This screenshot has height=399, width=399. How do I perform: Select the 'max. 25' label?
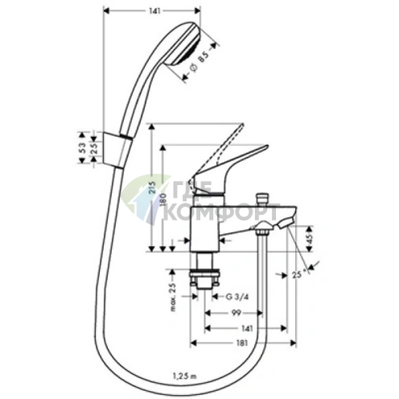tap(173, 298)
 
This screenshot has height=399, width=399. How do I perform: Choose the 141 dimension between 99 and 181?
tap(246, 327)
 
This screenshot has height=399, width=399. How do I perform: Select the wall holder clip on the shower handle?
tap(117, 147)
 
